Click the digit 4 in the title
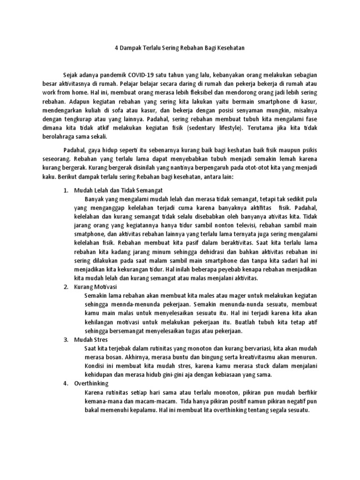click(117, 48)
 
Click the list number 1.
click(66, 190)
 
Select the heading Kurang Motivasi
click(96, 287)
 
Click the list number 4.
click(66, 384)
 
